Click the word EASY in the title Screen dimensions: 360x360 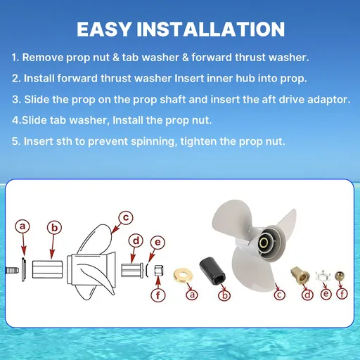104,30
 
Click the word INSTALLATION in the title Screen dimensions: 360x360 211,30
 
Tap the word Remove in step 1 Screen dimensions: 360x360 43,58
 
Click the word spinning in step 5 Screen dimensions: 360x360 153,142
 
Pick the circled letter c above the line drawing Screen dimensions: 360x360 126,217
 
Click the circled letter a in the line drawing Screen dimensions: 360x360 22,226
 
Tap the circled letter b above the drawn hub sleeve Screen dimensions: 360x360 54,228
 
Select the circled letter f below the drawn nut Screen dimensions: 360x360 158,295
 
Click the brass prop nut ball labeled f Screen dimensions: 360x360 340,276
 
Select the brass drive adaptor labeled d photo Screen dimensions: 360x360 300,275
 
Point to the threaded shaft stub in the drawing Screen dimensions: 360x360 12,271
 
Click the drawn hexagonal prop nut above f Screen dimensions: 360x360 159,271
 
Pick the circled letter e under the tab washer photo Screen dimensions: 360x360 326,293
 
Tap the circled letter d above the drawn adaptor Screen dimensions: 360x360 136,241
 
